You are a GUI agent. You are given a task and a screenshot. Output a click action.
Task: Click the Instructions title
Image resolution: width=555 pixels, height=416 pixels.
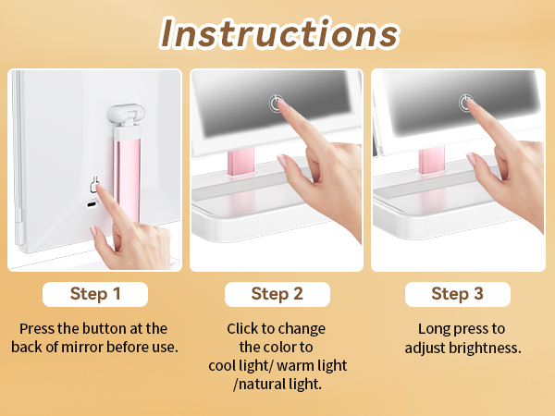tap(278, 33)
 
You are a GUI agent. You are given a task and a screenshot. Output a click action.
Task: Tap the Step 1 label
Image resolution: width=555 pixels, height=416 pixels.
tap(95, 294)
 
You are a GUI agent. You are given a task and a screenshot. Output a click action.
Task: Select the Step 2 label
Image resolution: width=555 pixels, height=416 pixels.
tap(277, 294)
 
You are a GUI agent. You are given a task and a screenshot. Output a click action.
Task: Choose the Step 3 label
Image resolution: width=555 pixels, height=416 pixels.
tap(457, 294)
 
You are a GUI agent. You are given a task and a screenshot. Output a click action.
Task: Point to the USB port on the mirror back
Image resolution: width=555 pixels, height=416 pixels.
tap(92, 204)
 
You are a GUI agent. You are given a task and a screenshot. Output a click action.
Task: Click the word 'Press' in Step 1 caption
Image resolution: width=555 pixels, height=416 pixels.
tap(37, 328)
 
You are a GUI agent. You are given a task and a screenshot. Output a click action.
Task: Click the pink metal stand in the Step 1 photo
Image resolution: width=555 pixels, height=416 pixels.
tap(127, 176)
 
